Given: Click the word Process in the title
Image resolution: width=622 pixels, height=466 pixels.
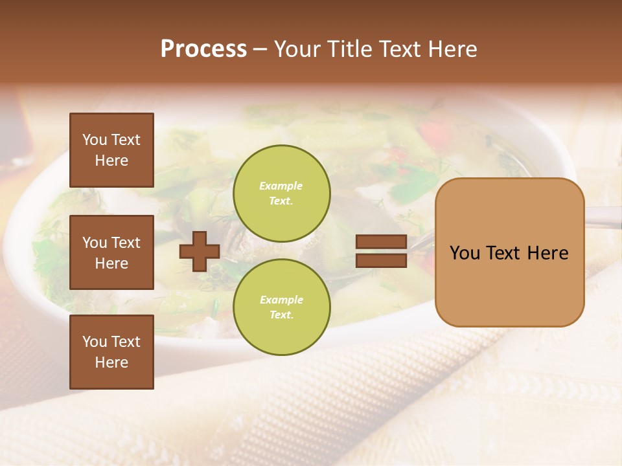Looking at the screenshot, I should [x=203, y=49].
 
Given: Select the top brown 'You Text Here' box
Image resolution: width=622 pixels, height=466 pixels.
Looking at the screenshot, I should [x=111, y=150].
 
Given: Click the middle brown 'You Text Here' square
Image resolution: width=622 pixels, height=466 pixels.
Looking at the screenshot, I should [x=111, y=252].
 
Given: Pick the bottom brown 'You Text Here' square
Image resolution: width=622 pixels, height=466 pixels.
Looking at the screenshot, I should [x=111, y=352].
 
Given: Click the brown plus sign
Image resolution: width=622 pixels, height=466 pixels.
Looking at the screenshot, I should [x=200, y=251].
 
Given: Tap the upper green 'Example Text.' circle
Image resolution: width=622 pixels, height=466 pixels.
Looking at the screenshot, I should [x=281, y=193].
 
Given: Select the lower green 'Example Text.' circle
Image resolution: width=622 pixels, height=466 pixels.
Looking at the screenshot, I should [x=281, y=307].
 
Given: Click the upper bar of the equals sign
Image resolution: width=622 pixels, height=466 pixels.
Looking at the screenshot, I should [x=381, y=242].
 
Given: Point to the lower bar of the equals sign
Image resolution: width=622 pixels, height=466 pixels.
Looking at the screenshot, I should [x=381, y=260].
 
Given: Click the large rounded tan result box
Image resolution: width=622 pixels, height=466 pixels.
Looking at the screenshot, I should [x=509, y=252].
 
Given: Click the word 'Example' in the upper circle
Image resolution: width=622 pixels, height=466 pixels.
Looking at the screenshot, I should [x=281, y=186].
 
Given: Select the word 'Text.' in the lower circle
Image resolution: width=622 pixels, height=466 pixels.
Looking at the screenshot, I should [x=281, y=315].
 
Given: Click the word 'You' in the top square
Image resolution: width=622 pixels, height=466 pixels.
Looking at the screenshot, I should [x=95, y=140].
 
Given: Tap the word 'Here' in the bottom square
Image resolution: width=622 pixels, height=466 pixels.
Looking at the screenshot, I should [x=111, y=362].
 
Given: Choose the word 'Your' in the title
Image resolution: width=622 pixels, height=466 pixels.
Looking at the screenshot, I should [x=299, y=49].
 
